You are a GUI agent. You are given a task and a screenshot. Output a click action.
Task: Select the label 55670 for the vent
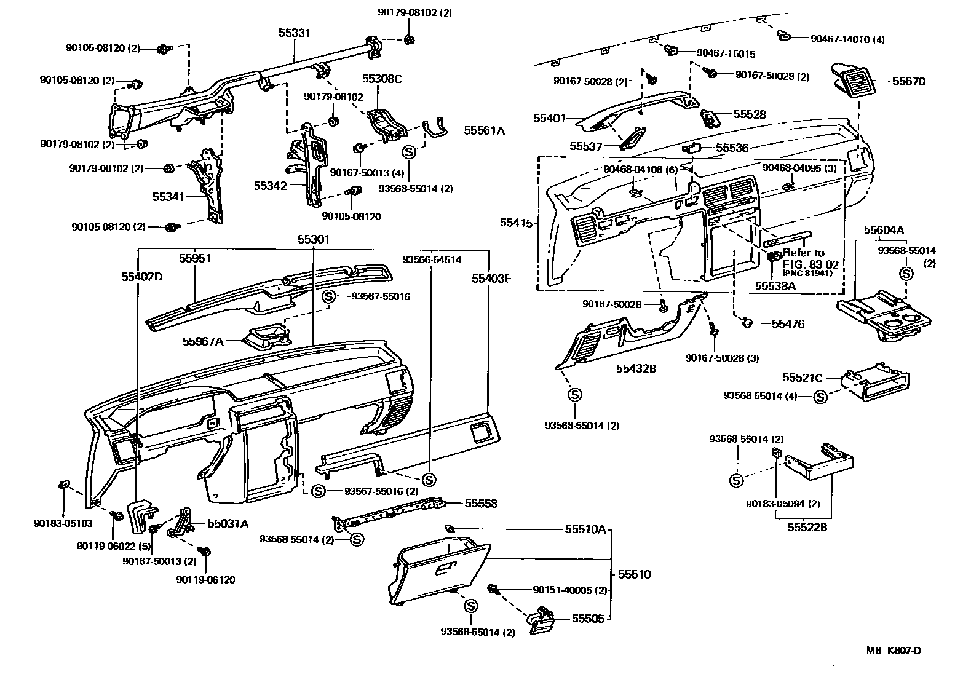click(x=908, y=81)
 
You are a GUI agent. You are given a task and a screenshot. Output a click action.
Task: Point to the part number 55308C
click(x=381, y=79)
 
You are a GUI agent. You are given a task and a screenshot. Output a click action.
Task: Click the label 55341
click(x=168, y=196)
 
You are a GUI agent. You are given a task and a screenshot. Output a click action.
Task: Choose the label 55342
click(x=270, y=185)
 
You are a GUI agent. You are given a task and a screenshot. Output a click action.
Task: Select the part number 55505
click(x=589, y=619)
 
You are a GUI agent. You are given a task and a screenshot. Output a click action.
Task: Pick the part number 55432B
click(x=636, y=369)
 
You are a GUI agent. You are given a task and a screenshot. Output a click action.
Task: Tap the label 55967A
click(x=203, y=341)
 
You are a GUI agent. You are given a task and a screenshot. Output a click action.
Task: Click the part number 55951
click(x=195, y=258)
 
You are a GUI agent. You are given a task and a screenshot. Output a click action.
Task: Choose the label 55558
click(x=481, y=504)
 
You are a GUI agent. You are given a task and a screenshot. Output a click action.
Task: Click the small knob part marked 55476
click(x=748, y=322)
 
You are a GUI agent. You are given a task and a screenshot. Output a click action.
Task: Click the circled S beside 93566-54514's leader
click(x=429, y=479)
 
